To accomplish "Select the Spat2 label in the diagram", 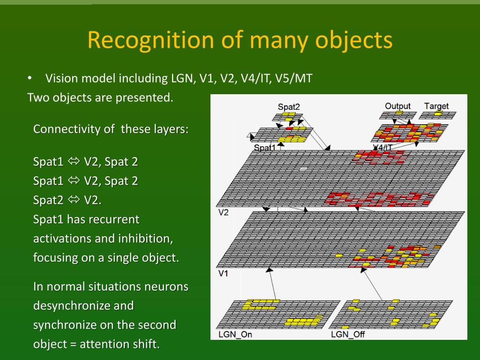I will click(289, 107).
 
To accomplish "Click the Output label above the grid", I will click(397, 106).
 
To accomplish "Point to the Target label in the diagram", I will click(436, 106).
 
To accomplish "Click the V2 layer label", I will click(224, 212).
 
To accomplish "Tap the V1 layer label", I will click(224, 273).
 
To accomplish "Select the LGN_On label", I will click(235, 334).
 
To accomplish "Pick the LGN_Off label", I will click(348, 334).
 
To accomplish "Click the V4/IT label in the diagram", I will click(383, 148).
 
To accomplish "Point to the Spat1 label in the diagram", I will click(265, 148).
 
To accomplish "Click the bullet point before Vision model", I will click(30, 78).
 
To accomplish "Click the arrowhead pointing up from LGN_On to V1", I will click(270, 270).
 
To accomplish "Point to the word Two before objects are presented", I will click(38, 98).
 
